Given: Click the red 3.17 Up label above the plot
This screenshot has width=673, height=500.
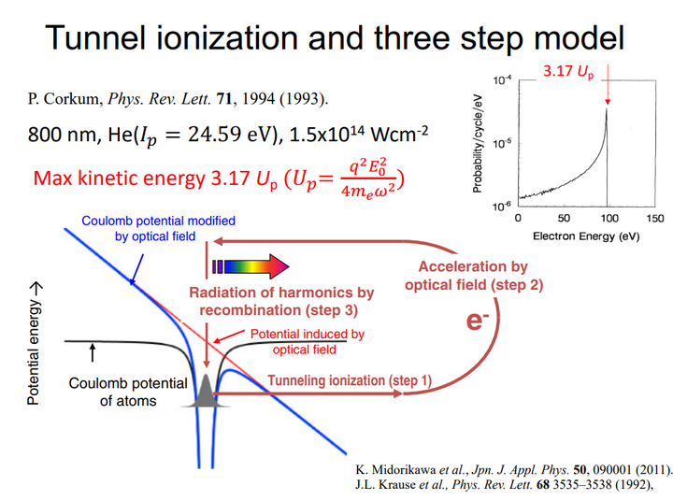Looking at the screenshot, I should (x=567, y=72).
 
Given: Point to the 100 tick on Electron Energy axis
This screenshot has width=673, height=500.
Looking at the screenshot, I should (x=609, y=218).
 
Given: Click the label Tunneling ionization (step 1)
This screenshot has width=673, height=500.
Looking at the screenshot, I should (x=351, y=379).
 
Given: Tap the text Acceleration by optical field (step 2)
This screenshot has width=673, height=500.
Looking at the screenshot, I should (x=473, y=275).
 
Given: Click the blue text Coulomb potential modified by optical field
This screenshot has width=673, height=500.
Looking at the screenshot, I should (x=159, y=229).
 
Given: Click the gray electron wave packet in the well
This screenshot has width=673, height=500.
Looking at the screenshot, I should (x=205, y=393).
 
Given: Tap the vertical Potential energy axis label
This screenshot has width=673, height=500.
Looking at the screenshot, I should (x=34, y=347).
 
